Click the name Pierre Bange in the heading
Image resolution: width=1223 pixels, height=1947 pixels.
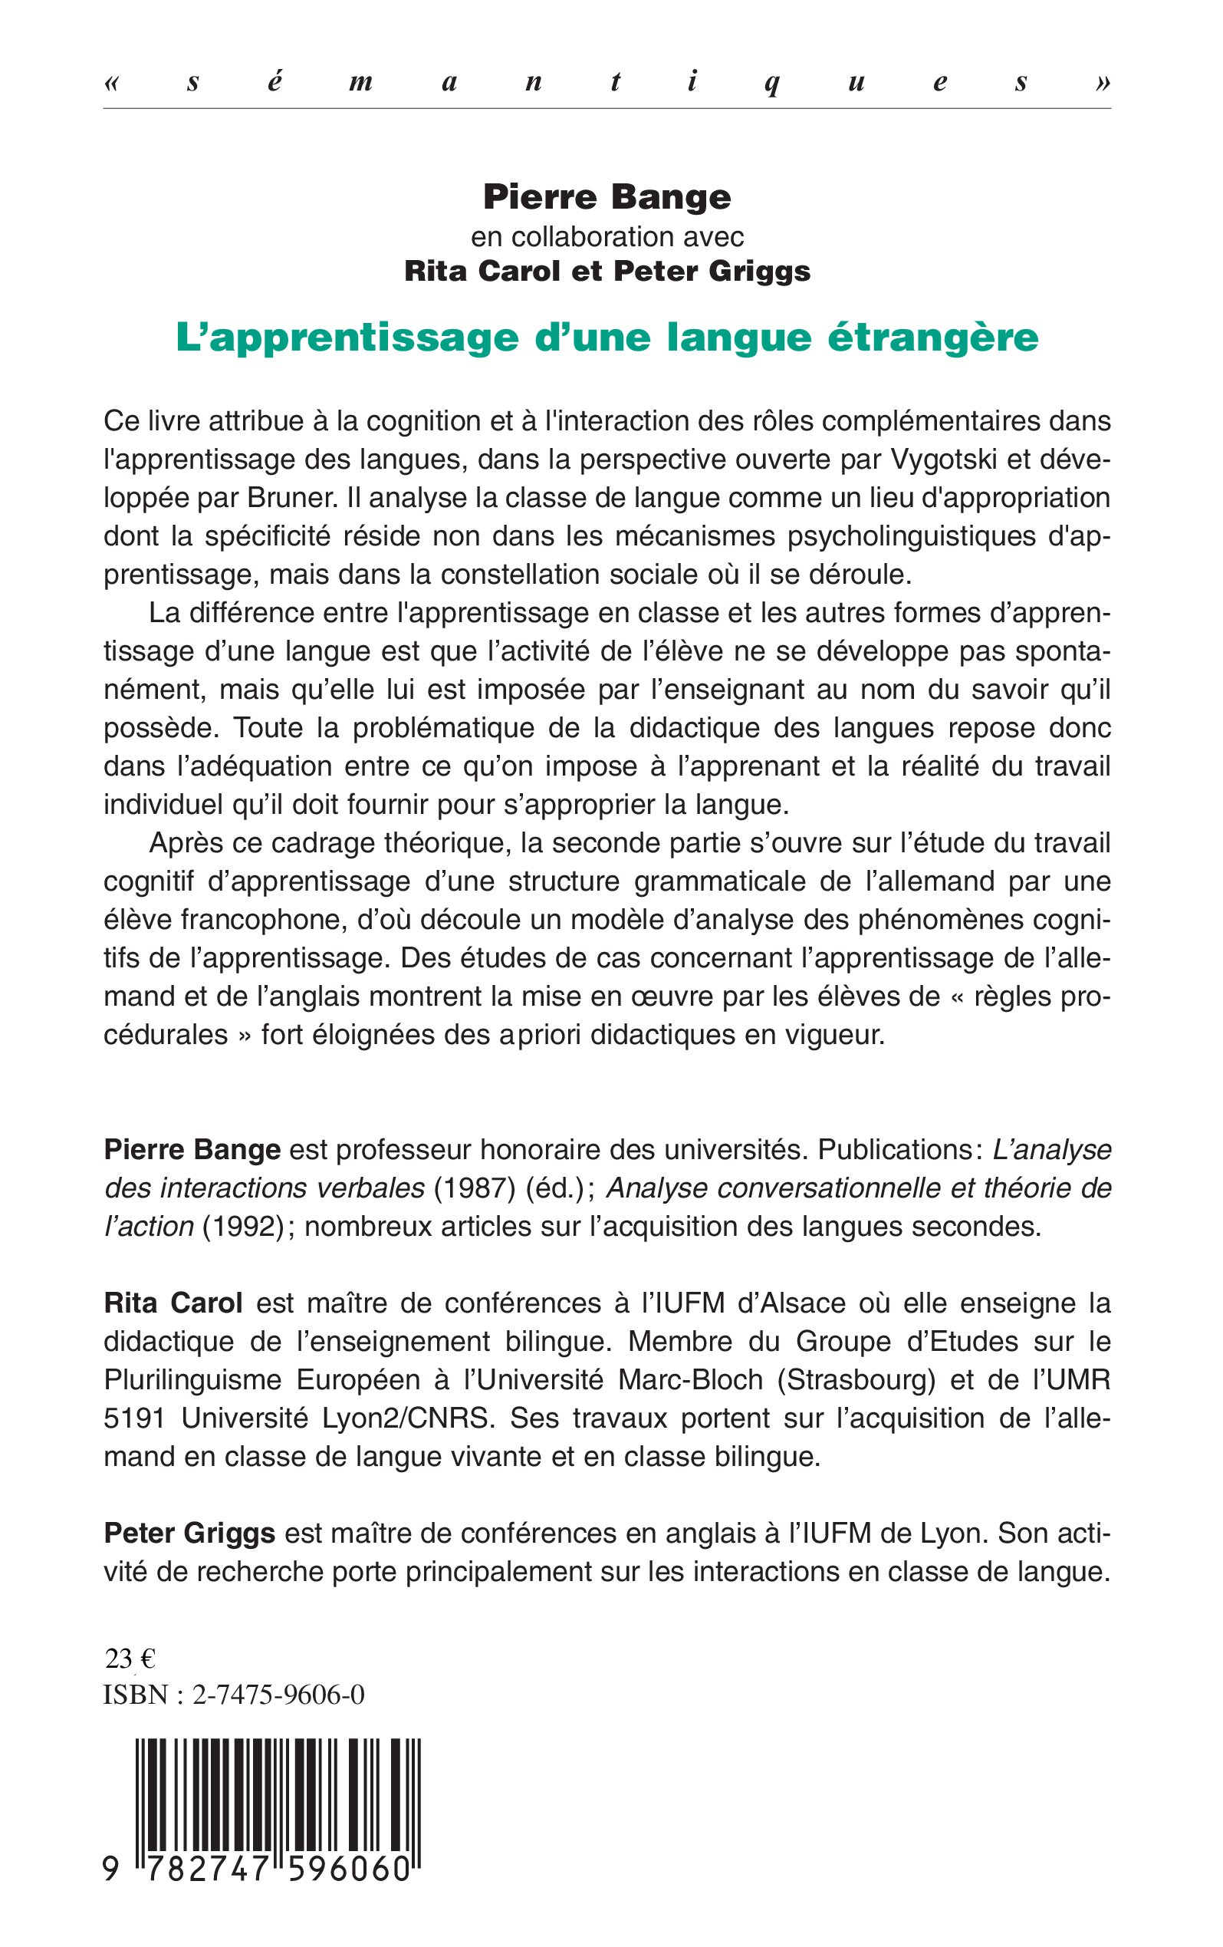(x=607, y=197)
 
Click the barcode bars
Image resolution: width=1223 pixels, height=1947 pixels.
(x=278, y=1787)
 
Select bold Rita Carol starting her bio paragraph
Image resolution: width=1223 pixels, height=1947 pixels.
(x=173, y=1303)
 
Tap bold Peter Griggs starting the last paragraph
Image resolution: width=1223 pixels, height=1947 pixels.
(x=190, y=1533)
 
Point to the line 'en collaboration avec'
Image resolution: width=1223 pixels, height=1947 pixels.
(x=607, y=236)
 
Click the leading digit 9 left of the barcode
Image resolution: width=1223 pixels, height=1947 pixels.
(x=111, y=1869)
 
